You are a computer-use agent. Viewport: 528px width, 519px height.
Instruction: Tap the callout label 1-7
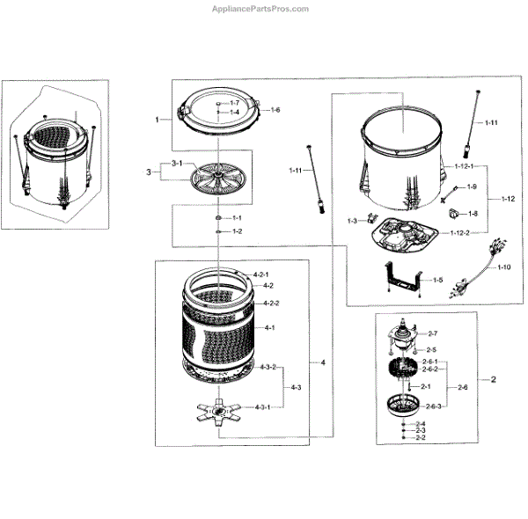pos(235,104)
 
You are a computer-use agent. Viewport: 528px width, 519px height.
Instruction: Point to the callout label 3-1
pos(176,164)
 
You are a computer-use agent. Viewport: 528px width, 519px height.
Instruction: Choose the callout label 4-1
pos(270,327)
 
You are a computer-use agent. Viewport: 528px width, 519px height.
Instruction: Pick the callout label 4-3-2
pos(265,367)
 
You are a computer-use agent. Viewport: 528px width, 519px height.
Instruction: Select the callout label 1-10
pos(503,267)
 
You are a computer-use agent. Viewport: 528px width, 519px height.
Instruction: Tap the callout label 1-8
pos(472,213)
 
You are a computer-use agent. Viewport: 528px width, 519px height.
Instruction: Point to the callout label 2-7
pos(432,333)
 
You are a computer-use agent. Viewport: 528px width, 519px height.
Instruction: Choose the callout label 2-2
pos(420,438)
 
